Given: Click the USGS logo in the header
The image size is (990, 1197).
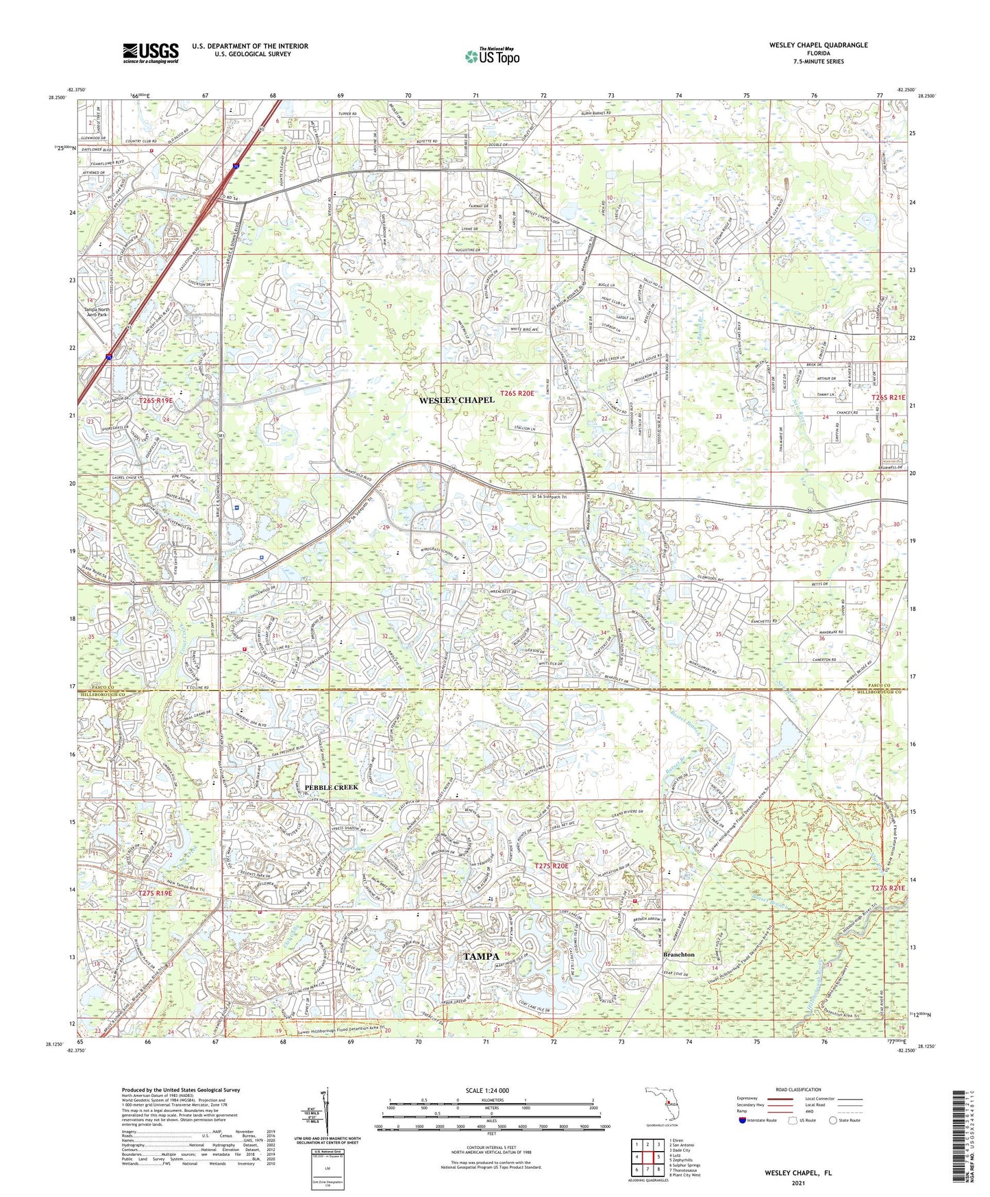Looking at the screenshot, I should point(151,52).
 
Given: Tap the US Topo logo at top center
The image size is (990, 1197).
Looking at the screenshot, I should point(491,56).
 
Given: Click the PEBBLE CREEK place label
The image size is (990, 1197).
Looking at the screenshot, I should point(332,788).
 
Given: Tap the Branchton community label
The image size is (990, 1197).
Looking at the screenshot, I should point(678,954).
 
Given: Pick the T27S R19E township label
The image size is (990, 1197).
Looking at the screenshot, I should point(155,893).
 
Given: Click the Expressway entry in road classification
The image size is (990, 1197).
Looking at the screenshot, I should point(751,1098).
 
